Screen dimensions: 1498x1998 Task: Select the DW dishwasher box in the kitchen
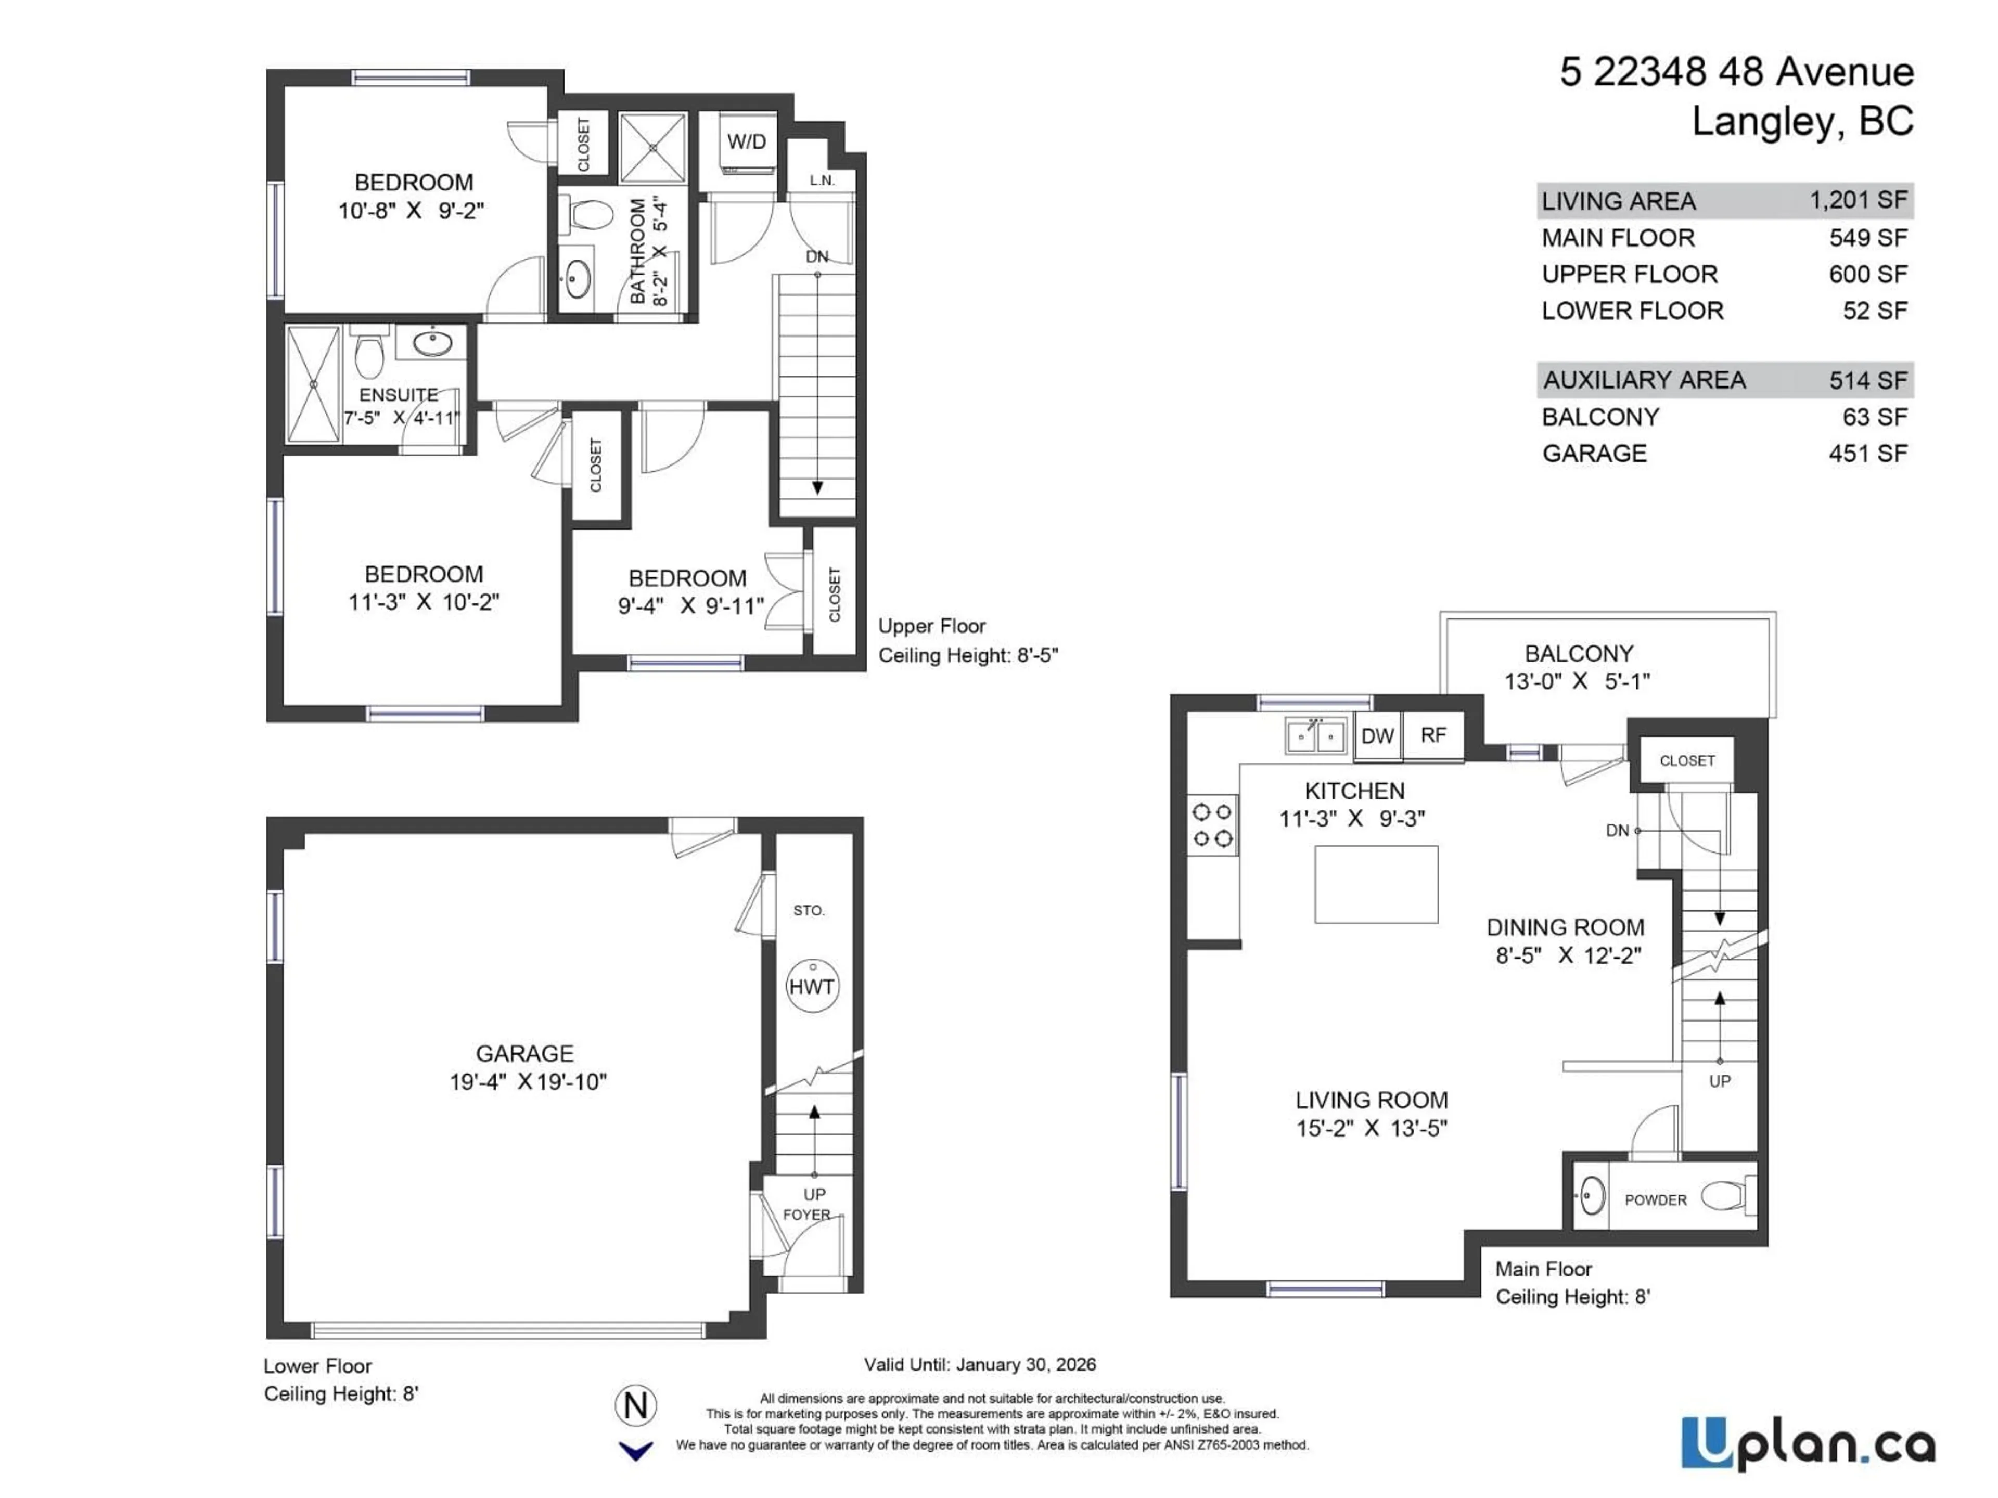[1377, 736]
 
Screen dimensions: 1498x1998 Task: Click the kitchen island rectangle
[1376, 884]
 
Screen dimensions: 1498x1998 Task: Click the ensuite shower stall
[313, 384]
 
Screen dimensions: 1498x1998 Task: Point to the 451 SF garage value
[1868, 453]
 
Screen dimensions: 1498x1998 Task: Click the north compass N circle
[636, 1405]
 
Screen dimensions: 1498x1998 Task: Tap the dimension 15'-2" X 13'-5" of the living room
[1371, 1128]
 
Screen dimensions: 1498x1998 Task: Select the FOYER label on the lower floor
[805, 1215]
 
